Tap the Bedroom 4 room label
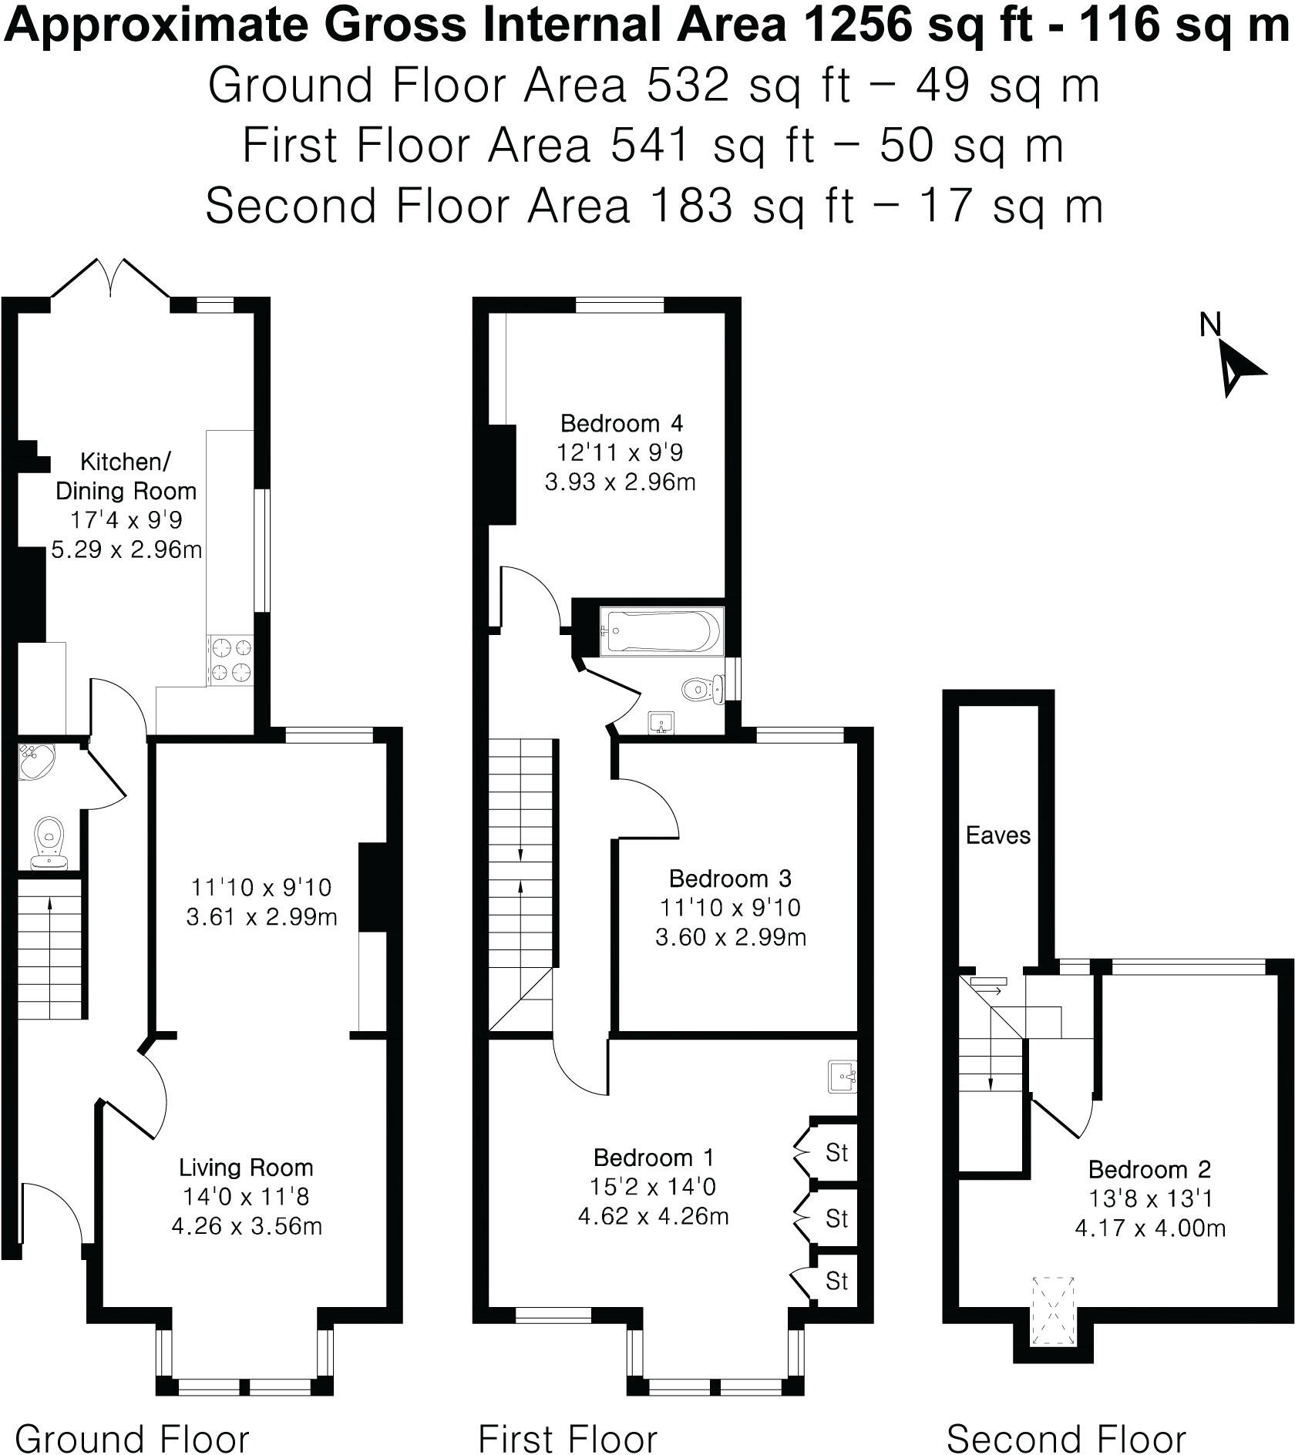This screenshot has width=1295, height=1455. [x=621, y=423]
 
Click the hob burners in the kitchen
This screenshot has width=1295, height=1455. [x=230, y=660]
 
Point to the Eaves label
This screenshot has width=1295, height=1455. [x=997, y=835]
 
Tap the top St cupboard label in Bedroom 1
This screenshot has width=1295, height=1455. [x=836, y=1153]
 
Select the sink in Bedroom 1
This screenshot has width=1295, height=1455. [x=842, y=1076]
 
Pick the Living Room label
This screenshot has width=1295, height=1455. [x=246, y=1168]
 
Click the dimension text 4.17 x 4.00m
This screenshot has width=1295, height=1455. [x=1149, y=1228]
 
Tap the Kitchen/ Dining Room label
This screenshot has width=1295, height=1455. [x=126, y=476]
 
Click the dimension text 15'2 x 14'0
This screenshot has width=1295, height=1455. [x=653, y=1187]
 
